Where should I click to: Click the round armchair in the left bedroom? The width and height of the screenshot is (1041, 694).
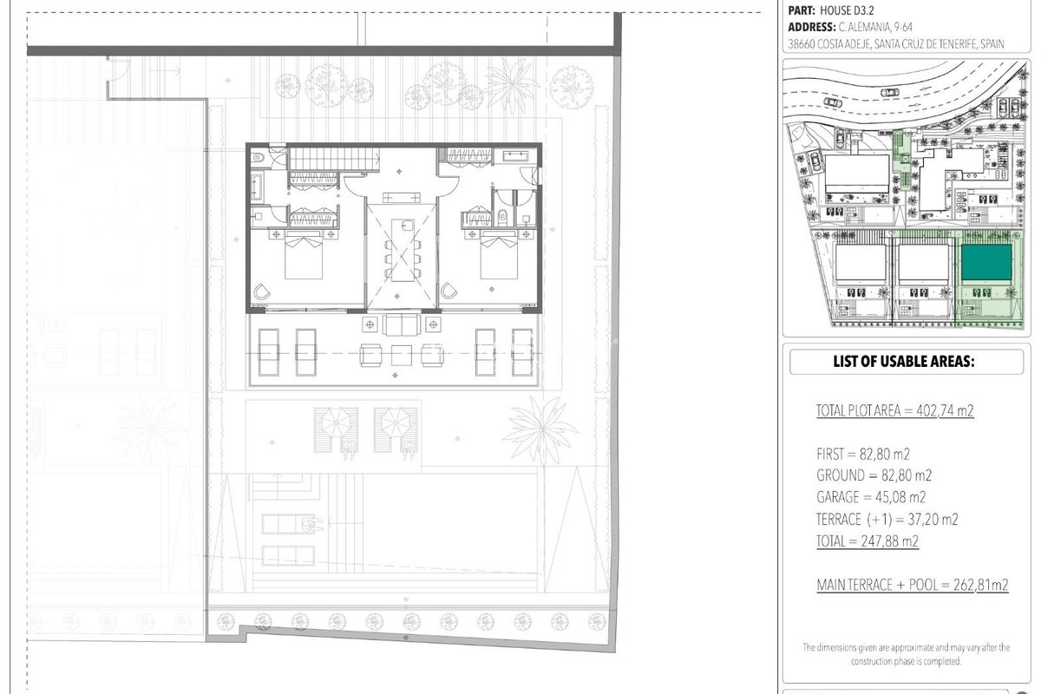262,292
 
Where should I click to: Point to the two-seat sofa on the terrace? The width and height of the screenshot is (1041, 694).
402,324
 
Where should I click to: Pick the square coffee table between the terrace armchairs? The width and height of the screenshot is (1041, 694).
401,356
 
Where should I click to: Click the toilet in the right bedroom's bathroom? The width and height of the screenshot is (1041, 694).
502,217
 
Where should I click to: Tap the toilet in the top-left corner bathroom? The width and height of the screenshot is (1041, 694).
258,158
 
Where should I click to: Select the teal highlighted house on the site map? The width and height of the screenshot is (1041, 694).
986,262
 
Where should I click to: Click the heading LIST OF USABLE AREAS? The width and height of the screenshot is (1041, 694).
903,361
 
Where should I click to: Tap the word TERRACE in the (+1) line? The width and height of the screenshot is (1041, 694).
839,519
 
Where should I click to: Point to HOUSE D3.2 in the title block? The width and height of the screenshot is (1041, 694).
848,10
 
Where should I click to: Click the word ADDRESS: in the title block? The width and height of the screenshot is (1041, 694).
812,27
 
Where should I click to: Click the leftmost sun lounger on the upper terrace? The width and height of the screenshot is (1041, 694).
269,352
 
